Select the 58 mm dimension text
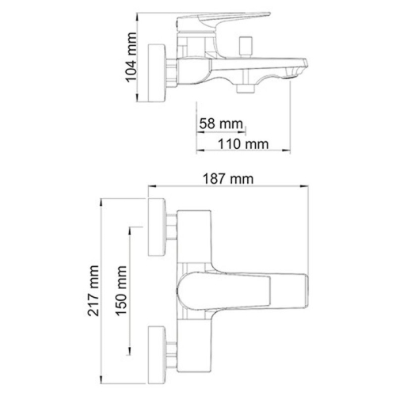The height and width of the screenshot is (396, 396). point(221,124)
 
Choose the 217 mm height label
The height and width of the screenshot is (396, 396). point(96,291)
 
